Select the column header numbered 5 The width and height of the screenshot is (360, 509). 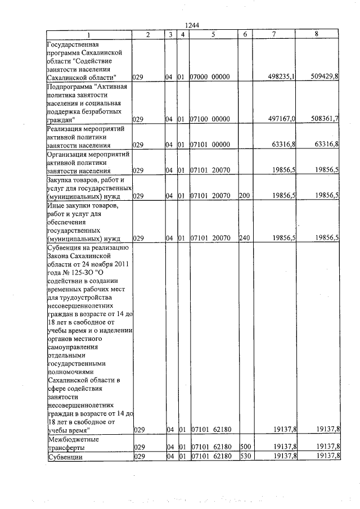coord(214,34)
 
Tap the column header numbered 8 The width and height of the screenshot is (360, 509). coord(317,34)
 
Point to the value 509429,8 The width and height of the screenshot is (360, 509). coord(324,77)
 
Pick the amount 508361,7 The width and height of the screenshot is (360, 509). coord(324,119)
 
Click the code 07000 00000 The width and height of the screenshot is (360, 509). coord(210,77)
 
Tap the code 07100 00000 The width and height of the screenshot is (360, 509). coord(210,119)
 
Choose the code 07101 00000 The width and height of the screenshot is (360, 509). coord(210,145)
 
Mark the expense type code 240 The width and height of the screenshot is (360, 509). coord(244,238)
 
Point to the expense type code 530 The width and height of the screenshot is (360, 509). coord(244,456)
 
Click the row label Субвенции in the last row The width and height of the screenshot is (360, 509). coord(65,456)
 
